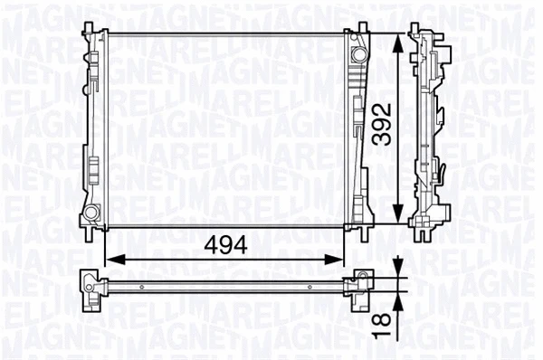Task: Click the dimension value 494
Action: tap(224, 243)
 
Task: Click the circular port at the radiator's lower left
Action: tap(91, 213)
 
